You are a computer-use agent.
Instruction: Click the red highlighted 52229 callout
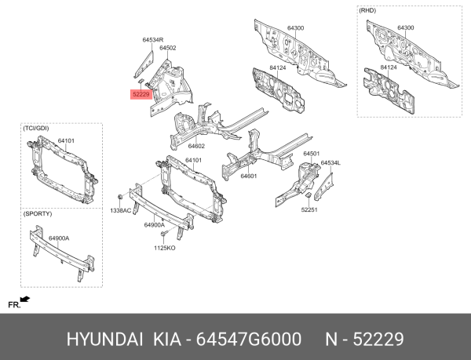[141, 96]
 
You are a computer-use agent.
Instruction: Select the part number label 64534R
[152, 39]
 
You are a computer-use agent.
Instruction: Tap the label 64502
[167, 48]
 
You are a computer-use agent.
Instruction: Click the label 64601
[249, 176]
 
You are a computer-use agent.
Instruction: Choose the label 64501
[312, 154]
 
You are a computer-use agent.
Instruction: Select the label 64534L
[330, 162]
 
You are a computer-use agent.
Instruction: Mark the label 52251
[311, 209]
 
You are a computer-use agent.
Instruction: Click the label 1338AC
[120, 211]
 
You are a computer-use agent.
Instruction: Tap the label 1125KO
[163, 249]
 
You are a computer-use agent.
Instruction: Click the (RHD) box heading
[368, 10]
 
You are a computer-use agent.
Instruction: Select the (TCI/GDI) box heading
[37, 127]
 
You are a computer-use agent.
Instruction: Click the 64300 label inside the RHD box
[405, 27]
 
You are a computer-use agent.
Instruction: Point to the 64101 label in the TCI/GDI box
[66, 141]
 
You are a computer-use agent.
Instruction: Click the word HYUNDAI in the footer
[104, 338]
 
